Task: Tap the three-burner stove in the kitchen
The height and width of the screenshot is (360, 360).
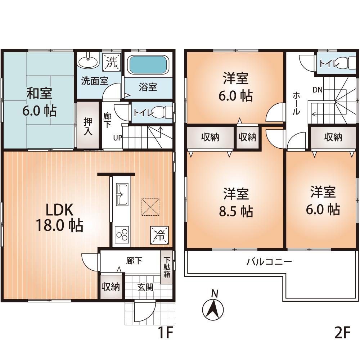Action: [122, 235]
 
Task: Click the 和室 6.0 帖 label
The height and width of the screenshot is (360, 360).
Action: [40, 102]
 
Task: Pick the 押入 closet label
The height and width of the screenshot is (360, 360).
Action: [88, 126]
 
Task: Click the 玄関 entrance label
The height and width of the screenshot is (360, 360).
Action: [145, 287]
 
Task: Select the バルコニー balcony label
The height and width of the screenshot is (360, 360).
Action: [269, 262]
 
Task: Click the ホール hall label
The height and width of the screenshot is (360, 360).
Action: [296, 103]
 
